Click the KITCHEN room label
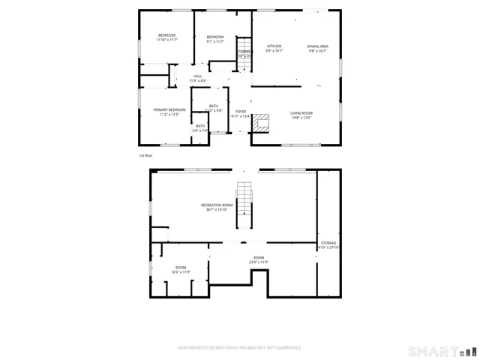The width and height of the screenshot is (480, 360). click(274, 46)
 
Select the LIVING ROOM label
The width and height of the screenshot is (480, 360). click(301, 113)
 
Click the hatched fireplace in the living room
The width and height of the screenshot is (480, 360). click(260, 124)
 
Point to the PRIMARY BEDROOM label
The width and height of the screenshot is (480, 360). click(169, 110)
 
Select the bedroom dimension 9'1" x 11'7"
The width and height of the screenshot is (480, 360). click(215, 42)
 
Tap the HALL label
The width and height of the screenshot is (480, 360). click(197, 76)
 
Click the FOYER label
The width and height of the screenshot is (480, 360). click(241, 111)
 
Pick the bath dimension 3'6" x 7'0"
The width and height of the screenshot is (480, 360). click(200, 130)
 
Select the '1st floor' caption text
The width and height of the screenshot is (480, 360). click(145, 155)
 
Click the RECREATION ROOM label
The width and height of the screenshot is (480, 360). click(217, 205)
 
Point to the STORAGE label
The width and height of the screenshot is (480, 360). click(328, 243)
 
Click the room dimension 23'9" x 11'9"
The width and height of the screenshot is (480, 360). click(259, 262)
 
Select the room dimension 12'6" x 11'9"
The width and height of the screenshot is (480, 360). click(181, 272)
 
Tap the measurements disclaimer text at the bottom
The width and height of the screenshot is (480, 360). click(239, 348)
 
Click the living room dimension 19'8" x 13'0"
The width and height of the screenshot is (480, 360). click(301, 118)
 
